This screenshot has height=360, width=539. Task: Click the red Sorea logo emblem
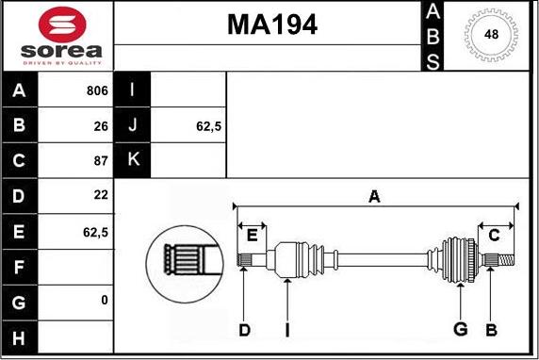coord(62,25)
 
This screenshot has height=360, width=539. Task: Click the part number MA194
coord(272,25)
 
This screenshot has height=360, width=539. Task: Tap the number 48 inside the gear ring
coord(491,34)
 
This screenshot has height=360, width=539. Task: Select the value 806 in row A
coord(97,90)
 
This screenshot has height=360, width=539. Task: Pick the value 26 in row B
coord(101,126)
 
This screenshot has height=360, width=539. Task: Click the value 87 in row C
coord(101,160)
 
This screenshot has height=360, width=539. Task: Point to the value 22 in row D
coord(101,195)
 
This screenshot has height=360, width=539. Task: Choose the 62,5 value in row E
coord(95,233)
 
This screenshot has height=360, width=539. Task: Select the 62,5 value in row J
coord(208,126)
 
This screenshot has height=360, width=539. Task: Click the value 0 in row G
coord(105,301)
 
